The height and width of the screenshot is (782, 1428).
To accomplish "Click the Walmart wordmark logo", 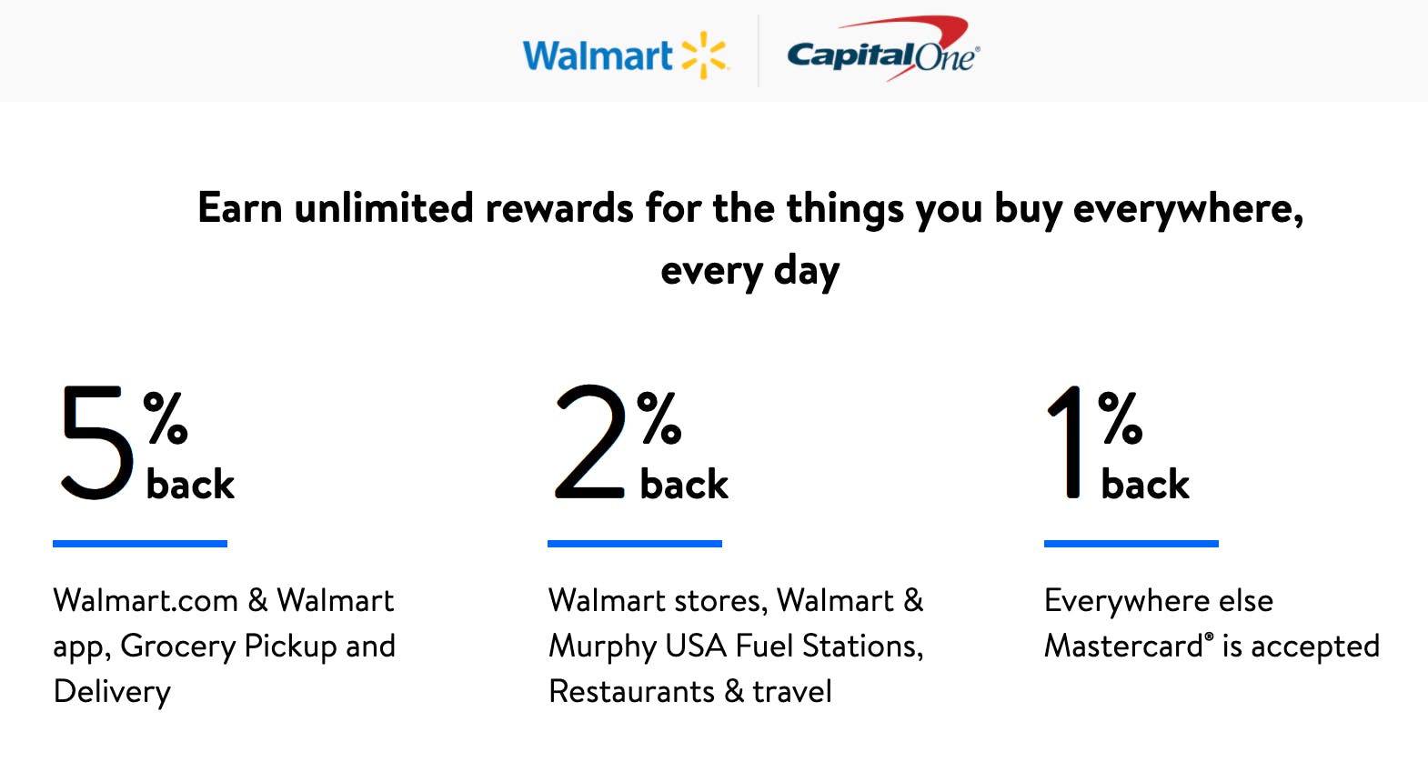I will [x=597, y=56].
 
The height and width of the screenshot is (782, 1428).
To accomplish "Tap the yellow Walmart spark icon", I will [x=705, y=55].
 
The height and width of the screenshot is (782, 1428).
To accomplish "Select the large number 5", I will [x=96, y=442].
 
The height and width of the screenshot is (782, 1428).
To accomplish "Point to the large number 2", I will [x=589, y=442].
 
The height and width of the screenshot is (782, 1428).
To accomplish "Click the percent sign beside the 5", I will [x=166, y=418].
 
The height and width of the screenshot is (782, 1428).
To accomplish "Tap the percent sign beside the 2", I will [x=659, y=418].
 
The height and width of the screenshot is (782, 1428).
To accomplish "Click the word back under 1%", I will [x=1144, y=484].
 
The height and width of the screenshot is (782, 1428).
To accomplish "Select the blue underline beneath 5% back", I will [x=140, y=544].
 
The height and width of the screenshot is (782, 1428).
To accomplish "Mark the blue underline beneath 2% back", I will [x=634, y=544].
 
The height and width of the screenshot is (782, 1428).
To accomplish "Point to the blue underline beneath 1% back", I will [x=1131, y=544].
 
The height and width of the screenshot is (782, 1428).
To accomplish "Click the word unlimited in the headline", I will [x=384, y=208].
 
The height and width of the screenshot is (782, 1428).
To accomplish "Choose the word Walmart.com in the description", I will [x=146, y=601].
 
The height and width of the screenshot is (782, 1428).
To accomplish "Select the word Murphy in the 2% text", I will [x=602, y=647].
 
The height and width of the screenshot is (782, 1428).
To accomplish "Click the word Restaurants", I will [x=631, y=692].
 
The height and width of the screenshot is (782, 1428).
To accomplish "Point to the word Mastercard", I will [x=1124, y=647].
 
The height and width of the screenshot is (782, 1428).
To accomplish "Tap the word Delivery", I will [x=112, y=693].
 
